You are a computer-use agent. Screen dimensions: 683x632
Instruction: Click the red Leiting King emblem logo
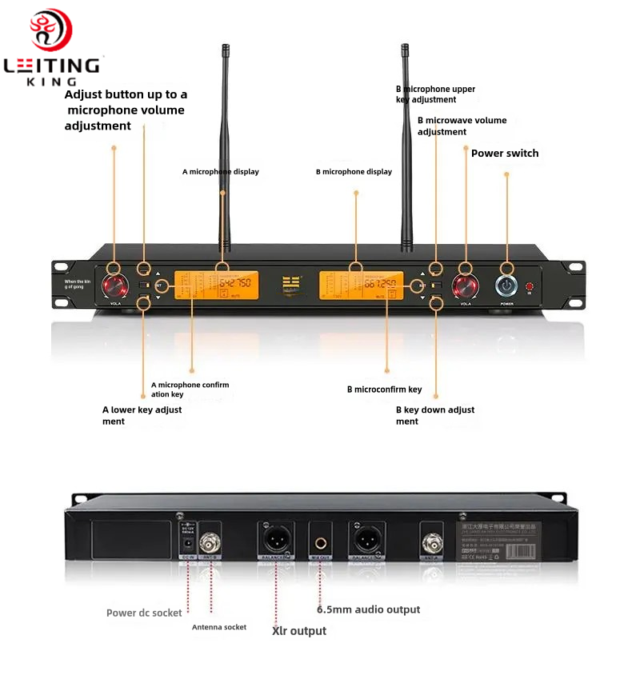tap(51, 30)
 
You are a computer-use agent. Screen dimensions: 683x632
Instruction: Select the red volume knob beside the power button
tap(465, 286)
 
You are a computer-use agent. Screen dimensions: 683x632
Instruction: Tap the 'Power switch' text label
tap(505, 153)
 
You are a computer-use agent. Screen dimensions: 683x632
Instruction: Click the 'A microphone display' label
tap(221, 172)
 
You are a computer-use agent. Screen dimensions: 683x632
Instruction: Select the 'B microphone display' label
tap(354, 172)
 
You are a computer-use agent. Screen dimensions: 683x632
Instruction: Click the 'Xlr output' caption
tap(299, 631)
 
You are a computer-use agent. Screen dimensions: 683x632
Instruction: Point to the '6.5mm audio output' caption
tap(368, 609)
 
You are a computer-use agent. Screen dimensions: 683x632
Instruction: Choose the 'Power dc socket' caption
tap(144, 613)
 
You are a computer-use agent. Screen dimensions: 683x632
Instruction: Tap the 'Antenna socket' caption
tap(219, 627)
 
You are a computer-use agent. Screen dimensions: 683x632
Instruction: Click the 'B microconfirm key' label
tap(384, 389)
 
